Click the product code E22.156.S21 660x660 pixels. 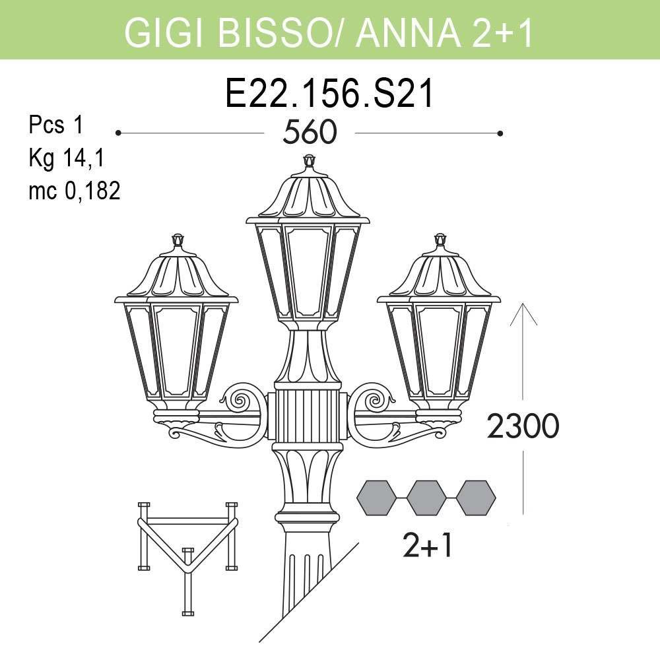click(x=329, y=94)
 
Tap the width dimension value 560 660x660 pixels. click(x=310, y=133)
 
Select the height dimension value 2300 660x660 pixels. click(x=523, y=427)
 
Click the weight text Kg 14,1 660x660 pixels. click(x=67, y=158)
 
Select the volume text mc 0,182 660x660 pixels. click(x=74, y=191)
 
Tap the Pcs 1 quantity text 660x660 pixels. click(x=56, y=125)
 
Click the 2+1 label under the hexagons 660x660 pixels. click(x=427, y=546)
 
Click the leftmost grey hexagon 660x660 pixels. click(x=377, y=498)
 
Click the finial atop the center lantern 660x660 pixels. click(x=309, y=162)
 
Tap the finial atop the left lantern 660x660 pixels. click(x=177, y=240)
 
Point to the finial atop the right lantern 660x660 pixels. click(x=440, y=240)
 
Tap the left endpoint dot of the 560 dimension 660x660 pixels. click(x=118, y=133)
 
